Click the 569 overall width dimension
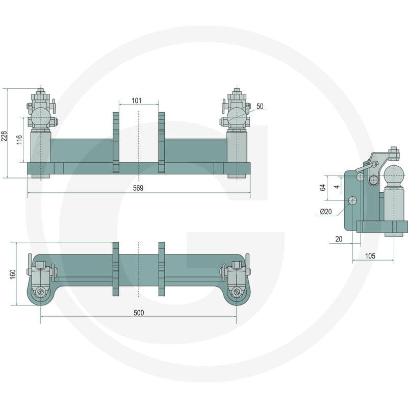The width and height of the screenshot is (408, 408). [x=138, y=188]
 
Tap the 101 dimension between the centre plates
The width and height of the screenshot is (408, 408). [x=137, y=100]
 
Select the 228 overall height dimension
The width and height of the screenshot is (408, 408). [x=4, y=136]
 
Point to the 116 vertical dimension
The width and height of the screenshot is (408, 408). [x=19, y=140]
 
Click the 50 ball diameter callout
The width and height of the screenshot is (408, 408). [x=260, y=106]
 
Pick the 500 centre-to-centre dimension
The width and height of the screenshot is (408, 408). [x=139, y=313]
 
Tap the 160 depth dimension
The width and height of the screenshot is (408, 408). [x=12, y=274]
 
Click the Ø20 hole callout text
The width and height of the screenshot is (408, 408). [x=326, y=212]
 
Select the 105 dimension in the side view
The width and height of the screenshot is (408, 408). [x=370, y=256]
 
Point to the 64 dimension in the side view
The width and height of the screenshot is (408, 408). [x=323, y=187]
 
